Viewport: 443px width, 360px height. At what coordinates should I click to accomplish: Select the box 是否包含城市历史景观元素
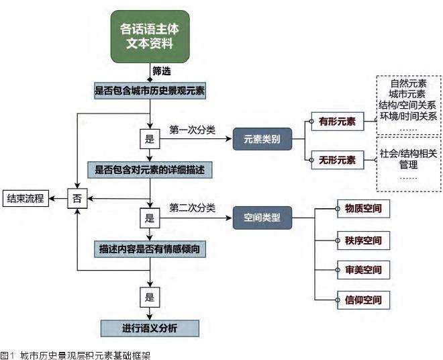[150, 89]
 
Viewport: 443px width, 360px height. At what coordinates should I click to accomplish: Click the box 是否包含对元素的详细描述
[150, 170]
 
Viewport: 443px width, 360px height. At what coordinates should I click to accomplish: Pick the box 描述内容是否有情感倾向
[150, 249]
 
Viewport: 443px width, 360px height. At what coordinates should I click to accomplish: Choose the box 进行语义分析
[150, 328]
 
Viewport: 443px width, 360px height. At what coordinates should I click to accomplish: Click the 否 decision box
[78, 198]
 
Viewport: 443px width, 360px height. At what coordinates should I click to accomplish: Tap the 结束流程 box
[25, 198]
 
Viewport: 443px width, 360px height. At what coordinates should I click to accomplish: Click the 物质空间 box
[362, 208]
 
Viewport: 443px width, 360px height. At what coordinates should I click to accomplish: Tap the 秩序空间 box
[362, 239]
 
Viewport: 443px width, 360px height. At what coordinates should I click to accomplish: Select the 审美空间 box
[362, 269]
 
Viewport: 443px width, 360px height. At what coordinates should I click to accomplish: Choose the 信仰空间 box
[362, 300]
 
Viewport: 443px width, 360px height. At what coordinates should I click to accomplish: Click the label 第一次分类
[193, 130]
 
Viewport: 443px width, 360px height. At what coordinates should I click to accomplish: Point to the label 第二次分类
[193, 208]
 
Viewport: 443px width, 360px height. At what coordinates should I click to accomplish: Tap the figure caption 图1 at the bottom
[8, 354]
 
